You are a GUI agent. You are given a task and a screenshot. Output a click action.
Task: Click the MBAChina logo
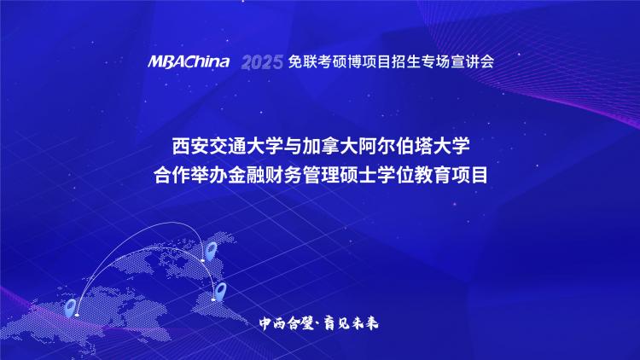[189, 61]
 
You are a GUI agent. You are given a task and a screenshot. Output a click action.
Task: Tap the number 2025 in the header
[262, 62]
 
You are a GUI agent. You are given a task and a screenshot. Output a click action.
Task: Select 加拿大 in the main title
[329, 146]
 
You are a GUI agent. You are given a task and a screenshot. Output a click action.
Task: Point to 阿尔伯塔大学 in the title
[414, 146]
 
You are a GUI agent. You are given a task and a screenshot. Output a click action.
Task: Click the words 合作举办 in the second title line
[190, 175]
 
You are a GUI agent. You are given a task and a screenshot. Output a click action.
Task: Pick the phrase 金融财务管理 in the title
[283, 175]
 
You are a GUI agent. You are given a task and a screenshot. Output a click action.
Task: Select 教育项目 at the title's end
[451, 175]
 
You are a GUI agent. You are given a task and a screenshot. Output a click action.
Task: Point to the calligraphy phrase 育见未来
[351, 323]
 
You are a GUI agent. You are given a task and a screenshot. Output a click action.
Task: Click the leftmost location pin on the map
[71, 308]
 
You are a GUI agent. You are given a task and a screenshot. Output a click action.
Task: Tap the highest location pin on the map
[211, 251]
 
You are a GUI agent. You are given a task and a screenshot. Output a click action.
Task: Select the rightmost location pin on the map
[220, 292]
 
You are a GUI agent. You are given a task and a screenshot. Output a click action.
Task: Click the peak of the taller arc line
[173, 222]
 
